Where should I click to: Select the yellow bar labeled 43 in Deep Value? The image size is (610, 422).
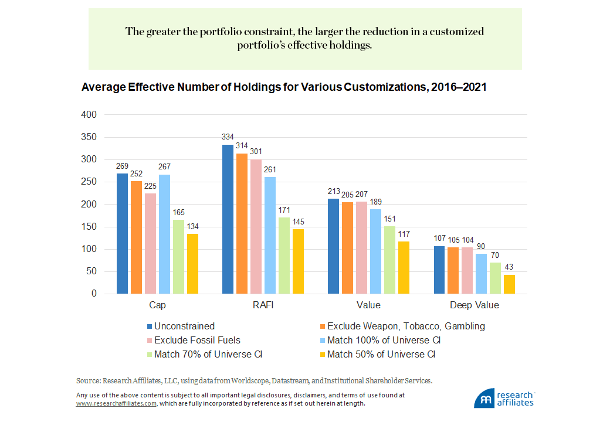point(509,284)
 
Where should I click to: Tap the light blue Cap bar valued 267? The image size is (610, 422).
point(164,234)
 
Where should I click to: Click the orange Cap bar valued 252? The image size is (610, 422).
point(136,237)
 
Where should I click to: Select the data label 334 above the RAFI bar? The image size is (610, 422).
point(228,137)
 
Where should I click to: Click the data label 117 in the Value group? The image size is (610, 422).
point(404,234)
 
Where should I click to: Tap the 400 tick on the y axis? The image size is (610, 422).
point(89,115)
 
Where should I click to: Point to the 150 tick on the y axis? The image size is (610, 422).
point(89,227)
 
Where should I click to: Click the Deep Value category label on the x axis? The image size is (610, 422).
point(474,305)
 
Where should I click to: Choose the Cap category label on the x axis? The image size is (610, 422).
point(157,305)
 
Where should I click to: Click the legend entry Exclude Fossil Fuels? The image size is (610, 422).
point(197,340)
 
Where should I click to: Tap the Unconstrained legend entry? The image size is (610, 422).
point(184,326)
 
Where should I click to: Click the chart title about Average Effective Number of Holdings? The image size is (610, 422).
point(284,87)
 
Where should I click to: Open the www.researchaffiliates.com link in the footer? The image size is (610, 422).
point(116,403)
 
